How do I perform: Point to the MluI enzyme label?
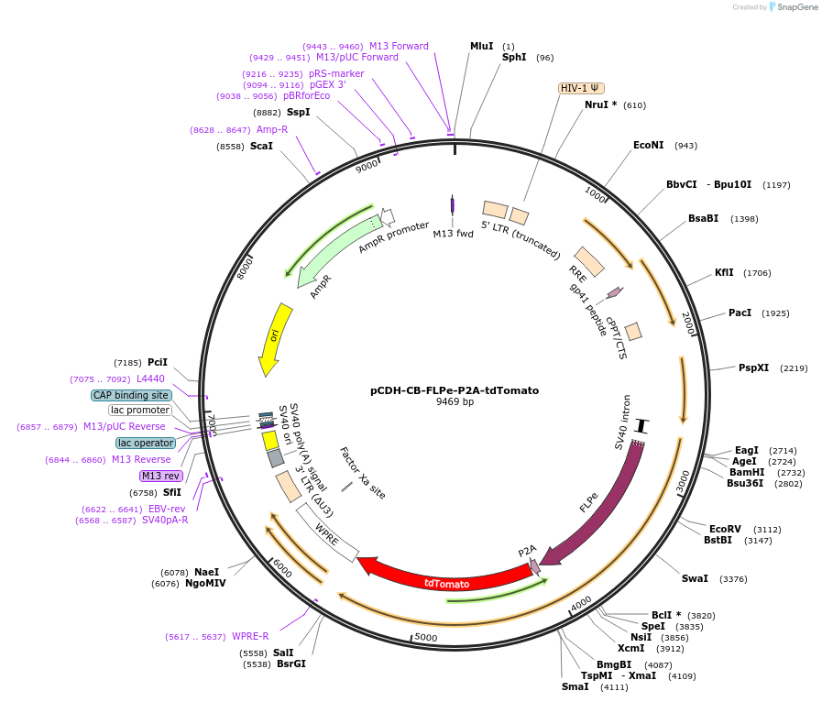click(481, 46)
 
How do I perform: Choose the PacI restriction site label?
click(740, 313)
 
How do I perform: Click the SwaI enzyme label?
click(695, 578)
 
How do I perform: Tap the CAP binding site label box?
click(131, 395)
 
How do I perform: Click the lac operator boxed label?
click(145, 443)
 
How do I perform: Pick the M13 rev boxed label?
click(160, 476)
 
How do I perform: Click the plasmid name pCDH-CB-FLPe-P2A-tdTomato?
click(455, 389)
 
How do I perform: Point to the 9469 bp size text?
click(455, 402)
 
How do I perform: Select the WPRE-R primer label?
click(250, 636)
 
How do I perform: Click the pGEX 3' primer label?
click(328, 84)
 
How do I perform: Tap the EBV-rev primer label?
click(167, 509)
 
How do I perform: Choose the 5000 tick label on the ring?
click(426, 637)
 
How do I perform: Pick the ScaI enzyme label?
click(261, 146)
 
